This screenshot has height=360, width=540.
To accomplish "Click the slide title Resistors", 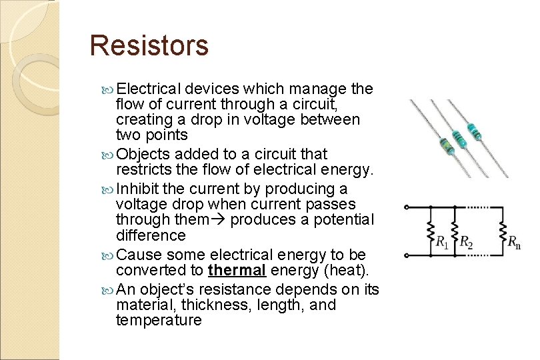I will tap(149, 45).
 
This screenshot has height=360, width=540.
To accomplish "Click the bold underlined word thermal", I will tap(237, 271).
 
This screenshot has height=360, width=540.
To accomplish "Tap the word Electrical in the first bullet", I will tap(149, 89).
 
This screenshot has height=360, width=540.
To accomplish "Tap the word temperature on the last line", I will tap(159, 320).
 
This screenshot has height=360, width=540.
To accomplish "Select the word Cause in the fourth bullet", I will tap(139, 255).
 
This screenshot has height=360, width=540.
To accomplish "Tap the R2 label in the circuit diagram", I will tap(466, 242).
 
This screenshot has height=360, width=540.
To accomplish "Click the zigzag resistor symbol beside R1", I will tap(431, 231).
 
